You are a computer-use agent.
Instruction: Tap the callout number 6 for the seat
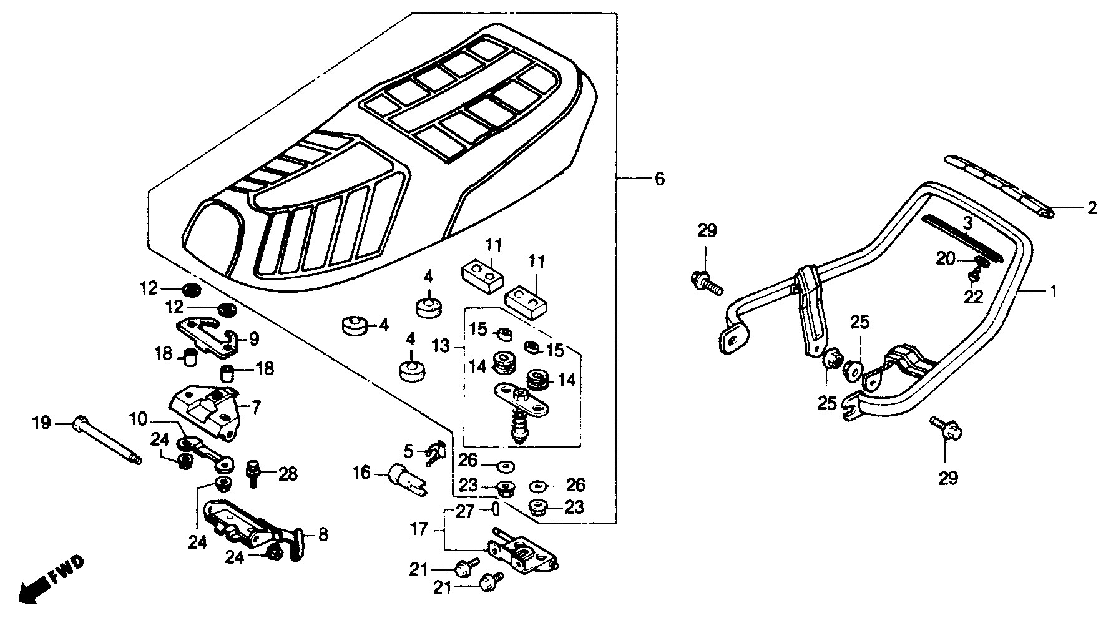tap(659, 180)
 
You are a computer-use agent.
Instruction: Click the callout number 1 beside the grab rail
tap(1054, 291)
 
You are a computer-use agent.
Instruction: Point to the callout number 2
tap(1091, 209)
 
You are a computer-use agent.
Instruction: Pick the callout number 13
tap(441, 345)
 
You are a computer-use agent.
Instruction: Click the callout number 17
tap(419, 529)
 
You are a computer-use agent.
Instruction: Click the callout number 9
tap(253, 339)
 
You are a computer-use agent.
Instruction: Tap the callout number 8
tap(322, 535)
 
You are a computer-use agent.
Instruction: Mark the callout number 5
tap(409, 450)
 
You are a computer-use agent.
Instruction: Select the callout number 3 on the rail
tap(966, 223)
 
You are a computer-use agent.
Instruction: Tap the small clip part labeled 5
tap(435, 454)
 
